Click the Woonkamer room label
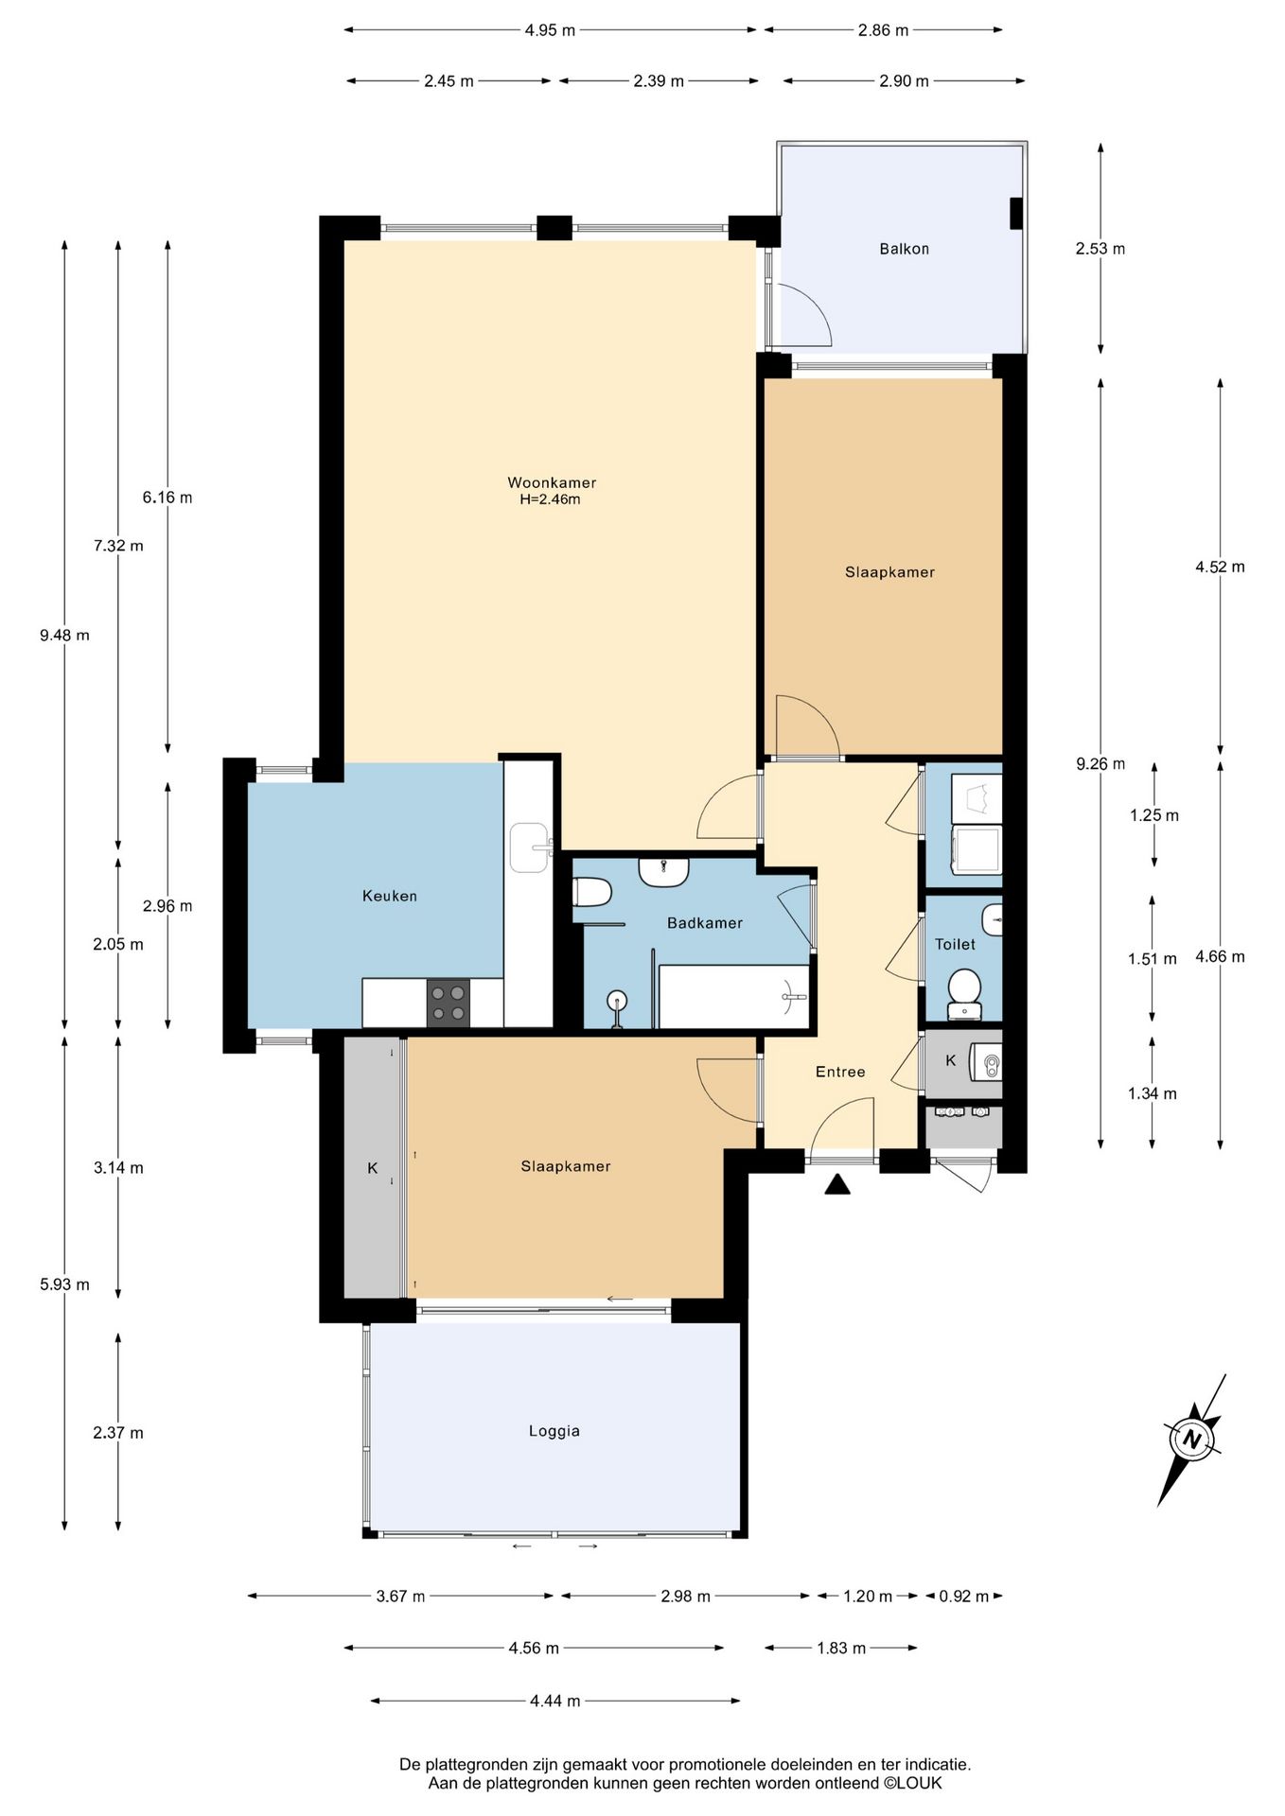(552, 482)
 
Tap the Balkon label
(904, 249)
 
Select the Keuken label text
(389, 896)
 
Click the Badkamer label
(705, 923)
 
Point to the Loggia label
(554, 1431)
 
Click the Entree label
(840, 1072)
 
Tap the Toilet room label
(955, 944)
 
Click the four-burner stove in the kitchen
(449, 1003)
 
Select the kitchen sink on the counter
(529, 847)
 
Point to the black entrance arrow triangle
(837, 1184)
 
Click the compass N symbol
(1192, 1441)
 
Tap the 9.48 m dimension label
(64, 636)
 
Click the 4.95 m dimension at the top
(550, 30)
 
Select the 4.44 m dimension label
(554, 1701)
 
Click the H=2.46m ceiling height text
(550, 499)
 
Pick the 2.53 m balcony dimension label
(1100, 249)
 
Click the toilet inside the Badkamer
(593, 892)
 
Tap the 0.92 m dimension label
(963, 1597)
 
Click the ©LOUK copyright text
(912, 1783)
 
